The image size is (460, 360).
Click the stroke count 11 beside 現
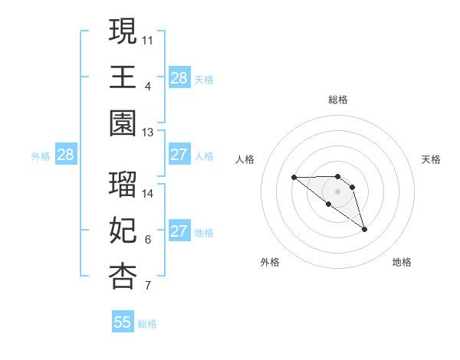pos(148,39)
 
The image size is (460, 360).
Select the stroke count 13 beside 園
pos(148,133)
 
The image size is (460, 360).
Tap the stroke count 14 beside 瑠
pos(148,194)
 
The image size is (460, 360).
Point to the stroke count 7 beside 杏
pos(148,286)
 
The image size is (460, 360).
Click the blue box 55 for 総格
pos(123,322)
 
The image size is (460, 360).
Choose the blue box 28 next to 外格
pos(65,155)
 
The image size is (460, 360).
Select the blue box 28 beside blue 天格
pos(179,77)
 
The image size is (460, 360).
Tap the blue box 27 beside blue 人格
pos(179,155)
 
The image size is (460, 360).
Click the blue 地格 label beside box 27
pos(204,232)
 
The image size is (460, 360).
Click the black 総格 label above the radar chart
pos(338,100)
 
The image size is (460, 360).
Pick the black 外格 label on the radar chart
pos(270,262)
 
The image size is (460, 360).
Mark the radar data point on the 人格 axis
pos(294,178)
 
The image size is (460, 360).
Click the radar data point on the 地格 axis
pos(364,229)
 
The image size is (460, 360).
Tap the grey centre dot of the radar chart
pos(338,191)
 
